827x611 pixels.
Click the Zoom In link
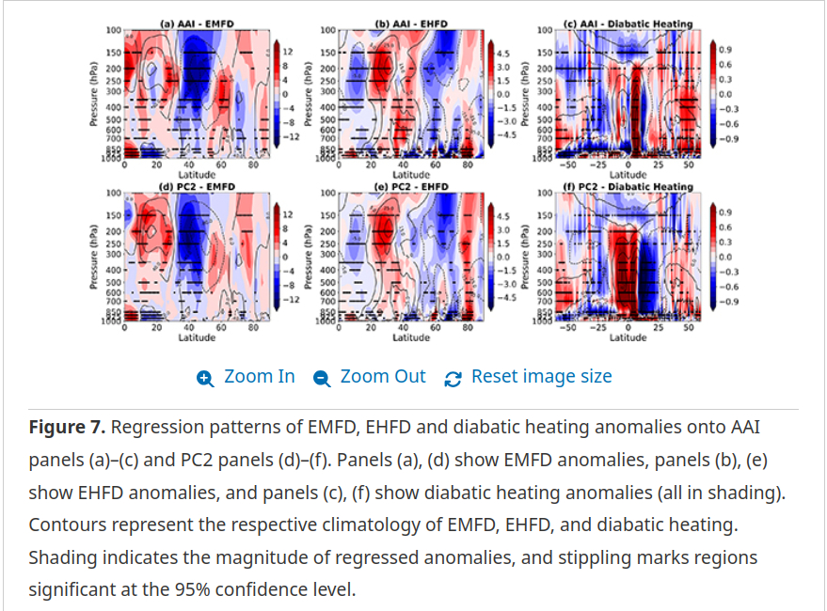[259, 377]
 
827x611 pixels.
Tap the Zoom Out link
[382, 377]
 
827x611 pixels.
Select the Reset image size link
[541, 377]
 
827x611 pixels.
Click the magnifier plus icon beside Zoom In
[205, 378]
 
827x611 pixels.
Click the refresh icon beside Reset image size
[453, 378]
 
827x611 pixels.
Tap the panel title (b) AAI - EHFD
[410, 23]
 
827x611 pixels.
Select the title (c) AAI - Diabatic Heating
[628, 23]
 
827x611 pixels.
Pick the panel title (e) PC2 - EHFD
[410, 186]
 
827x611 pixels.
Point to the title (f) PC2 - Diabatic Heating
[628, 186]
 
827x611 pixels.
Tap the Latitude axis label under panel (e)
[411, 337]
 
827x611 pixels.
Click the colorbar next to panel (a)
[276, 92]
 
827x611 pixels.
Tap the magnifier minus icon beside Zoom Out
[322, 378]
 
